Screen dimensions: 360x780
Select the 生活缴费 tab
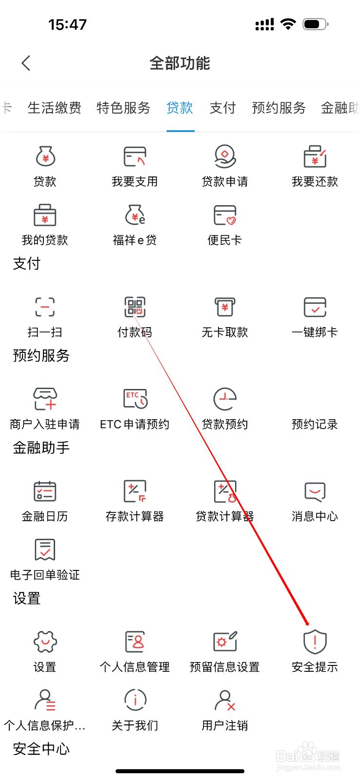point(54,108)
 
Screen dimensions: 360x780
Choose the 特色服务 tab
point(123,108)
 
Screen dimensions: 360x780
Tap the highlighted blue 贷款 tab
point(180,108)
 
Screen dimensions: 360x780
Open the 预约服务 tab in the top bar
point(279,108)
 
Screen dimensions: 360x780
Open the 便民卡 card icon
point(225,215)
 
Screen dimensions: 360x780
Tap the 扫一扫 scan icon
point(45,307)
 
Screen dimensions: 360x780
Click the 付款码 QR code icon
point(135,307)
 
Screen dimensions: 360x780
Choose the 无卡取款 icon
point(225,307)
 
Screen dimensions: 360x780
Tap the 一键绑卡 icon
point(315,307)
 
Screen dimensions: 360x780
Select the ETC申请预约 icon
point(135,399)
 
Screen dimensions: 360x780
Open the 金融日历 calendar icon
point(45,491)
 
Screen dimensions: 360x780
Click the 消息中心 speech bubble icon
point(315,491)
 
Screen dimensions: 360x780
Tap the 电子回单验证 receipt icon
point(45,549)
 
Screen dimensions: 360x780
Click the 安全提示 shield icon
point(315,642)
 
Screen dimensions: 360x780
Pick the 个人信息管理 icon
point(135,642)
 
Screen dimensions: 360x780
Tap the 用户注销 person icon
point(225,700)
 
